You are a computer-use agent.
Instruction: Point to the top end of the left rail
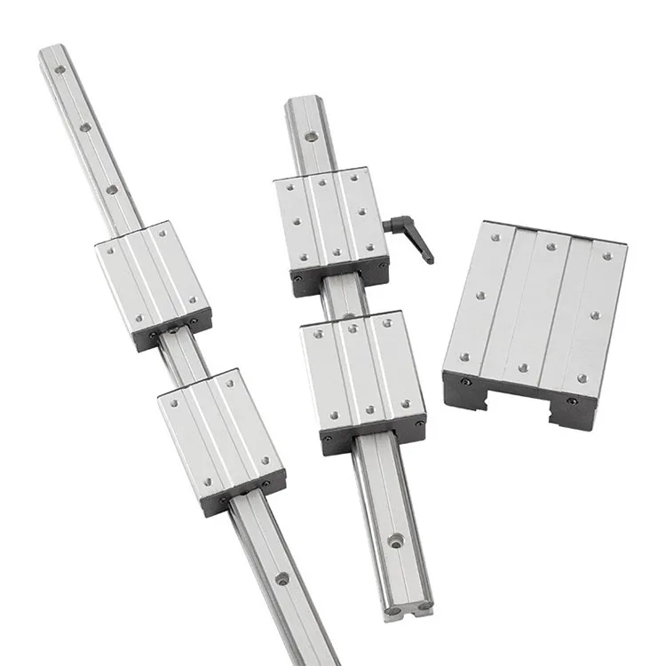click(x=52, y=55)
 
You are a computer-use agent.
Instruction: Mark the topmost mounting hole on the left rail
click(x=60, y=69)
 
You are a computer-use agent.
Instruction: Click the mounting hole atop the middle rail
click(x=311, y=136)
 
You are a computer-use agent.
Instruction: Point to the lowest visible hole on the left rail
click(x=282, y=579)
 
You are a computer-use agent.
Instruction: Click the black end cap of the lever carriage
click(x=341, y=277)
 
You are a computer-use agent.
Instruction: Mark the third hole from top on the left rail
click(x=112, y=189)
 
